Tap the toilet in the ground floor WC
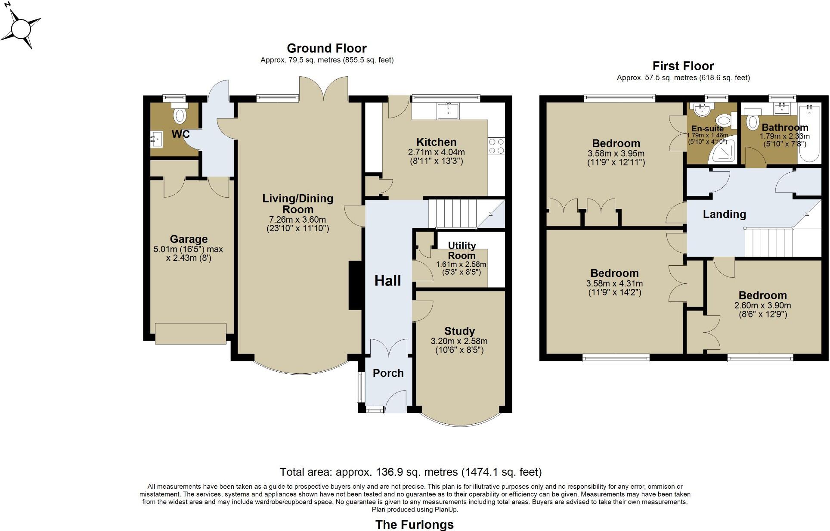[x=180, y=115]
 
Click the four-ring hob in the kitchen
[x=496, y=146]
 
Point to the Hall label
[x=387, y=281]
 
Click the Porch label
[x=388, y=373]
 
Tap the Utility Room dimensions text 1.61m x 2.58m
[x=461, y=264]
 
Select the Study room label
[x=459, y=331]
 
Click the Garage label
[x=189, y=239]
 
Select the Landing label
[x=724, y=214]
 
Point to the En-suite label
[x=707, y=128]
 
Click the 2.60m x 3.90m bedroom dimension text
[x=762, y=305]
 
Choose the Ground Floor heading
[x=327, y=48]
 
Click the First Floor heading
[x=683, y=66]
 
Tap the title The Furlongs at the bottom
[x=414, y=524]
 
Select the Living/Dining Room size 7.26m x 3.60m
[x=297, y=220]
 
